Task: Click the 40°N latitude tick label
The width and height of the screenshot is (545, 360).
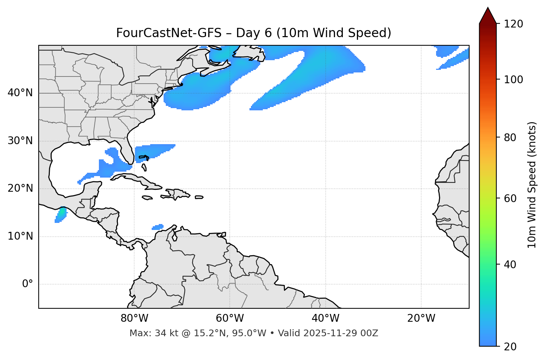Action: coord(20,93)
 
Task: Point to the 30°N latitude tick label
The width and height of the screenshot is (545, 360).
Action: coord(20,141)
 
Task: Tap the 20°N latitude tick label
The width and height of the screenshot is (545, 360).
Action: coord(20,188)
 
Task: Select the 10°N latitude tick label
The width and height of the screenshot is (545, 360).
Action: coord(20,236)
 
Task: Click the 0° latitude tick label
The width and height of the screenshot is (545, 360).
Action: coord(27,284)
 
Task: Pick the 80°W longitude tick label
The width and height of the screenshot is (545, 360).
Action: coord(134,318)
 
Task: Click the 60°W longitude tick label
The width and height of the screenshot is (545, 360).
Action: coord(230,318)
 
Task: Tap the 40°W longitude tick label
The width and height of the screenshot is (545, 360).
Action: coord(325,318)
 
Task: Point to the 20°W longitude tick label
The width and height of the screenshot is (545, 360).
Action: coord(421,318)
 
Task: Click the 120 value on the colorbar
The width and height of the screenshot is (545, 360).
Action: coord(513,24)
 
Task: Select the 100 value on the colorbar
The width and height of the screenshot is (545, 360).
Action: coord(513,80)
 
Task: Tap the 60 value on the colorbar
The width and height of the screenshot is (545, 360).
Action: coord(511,198)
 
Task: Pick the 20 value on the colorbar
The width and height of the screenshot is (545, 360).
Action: coord(511,347)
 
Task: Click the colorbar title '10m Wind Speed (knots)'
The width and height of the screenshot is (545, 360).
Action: coord(532,185)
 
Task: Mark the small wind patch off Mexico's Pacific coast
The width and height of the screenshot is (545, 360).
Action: coord(61,215)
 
